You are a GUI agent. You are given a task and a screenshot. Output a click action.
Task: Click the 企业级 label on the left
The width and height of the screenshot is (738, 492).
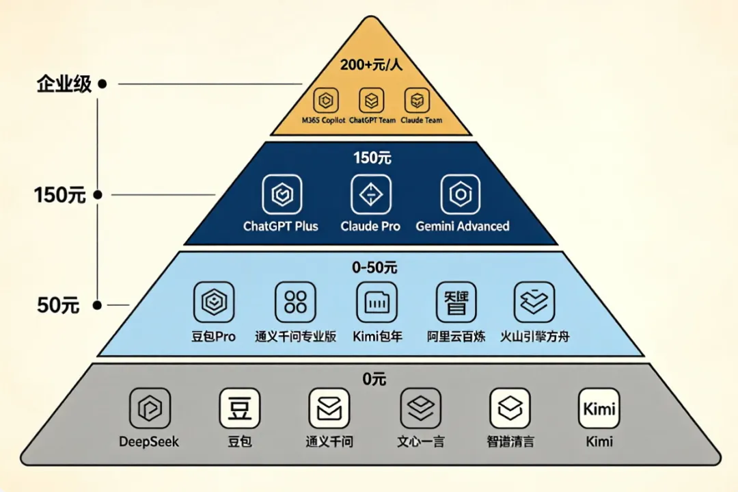coord(64,85)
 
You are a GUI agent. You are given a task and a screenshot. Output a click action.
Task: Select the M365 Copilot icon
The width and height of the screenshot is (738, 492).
coord(326,101)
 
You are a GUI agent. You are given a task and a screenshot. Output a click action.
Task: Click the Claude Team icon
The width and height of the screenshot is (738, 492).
coord(416,101)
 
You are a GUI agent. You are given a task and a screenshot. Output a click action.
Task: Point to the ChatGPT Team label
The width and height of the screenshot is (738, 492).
coord(372,120)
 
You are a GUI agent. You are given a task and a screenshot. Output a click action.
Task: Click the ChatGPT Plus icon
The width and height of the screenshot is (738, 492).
coord(282,194)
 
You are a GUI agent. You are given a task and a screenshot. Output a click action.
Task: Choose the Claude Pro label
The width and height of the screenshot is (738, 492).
coord(370,226)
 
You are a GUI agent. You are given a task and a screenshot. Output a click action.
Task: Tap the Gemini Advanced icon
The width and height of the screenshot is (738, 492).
coord(461,194)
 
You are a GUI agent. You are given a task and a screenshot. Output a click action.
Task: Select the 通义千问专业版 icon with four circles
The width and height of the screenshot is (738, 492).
coord(295,302)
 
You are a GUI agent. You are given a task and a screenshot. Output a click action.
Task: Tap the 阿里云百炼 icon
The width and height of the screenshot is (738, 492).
coord(456,302)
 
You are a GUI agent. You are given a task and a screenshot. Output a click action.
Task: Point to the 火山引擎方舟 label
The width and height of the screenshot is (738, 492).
coord(534,337)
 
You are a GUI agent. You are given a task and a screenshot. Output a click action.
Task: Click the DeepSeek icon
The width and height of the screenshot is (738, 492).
coord(149,409)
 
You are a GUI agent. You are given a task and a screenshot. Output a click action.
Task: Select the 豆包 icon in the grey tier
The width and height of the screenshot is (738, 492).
coord(239,409)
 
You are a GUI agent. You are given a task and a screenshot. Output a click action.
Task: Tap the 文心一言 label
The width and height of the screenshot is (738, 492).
coord(421,441)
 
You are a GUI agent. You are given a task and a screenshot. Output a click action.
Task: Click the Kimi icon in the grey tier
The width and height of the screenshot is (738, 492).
coord(599,409)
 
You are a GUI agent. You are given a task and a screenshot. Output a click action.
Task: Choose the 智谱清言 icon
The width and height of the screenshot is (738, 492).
coord(510,409)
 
